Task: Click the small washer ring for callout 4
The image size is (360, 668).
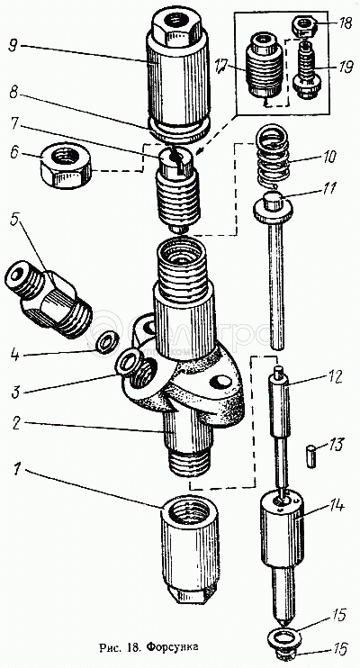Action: [x=103, y=343]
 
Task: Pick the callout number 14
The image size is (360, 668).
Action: [x=336, y=506]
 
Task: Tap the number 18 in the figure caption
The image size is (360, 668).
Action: [x=130, y=648]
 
